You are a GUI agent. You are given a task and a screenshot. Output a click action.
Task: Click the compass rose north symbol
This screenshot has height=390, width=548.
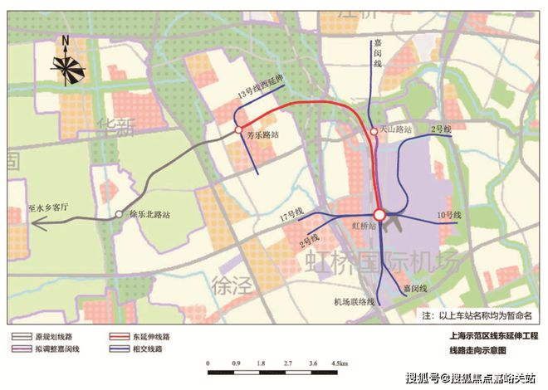click(x=66, y=62)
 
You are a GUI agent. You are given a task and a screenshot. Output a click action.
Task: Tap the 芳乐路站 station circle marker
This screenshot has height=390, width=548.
click(x=238, y=130)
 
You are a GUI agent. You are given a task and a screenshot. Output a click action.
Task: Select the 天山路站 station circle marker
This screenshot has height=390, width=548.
click(x=374, y=131)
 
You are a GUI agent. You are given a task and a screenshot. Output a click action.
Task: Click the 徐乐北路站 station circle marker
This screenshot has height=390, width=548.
click(x=120, y=212)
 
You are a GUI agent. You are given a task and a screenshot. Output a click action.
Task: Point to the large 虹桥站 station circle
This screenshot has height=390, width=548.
click(x=379, y=215)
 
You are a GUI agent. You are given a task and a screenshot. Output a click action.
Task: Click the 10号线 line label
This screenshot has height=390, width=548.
click(x=448, y=217)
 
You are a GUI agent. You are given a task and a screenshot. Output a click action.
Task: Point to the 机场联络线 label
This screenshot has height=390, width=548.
click(x=355, y=300)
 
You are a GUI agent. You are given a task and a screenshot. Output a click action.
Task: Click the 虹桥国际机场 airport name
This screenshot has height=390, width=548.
click(x=381, y=264)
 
